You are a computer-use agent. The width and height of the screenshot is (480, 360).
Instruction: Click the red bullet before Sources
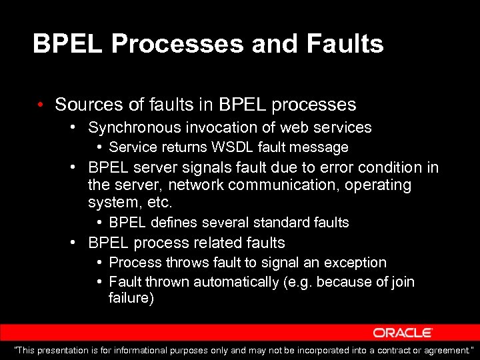41,105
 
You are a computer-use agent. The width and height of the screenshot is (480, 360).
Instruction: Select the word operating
377,184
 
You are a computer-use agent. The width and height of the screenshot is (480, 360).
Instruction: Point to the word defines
174,223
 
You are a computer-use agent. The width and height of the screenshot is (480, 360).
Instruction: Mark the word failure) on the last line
131,298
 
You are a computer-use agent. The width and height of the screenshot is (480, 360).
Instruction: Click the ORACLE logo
403,333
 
